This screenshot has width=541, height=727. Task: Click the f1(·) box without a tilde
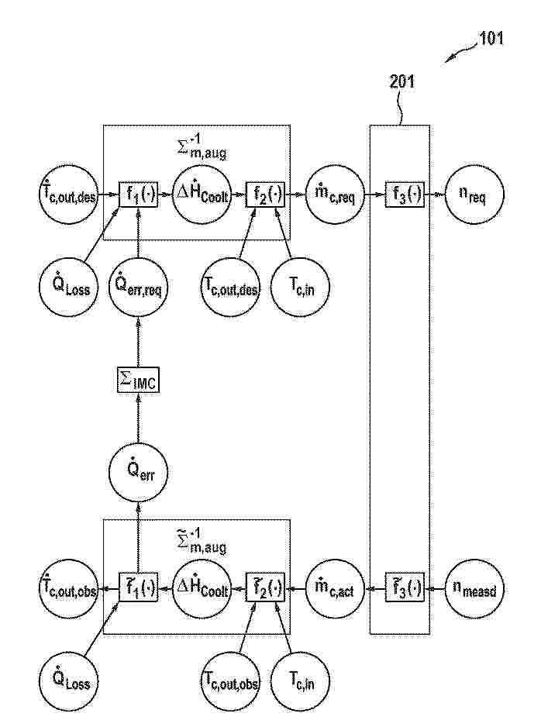pos(138,195)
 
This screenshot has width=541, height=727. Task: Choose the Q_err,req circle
pos(136,288)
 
